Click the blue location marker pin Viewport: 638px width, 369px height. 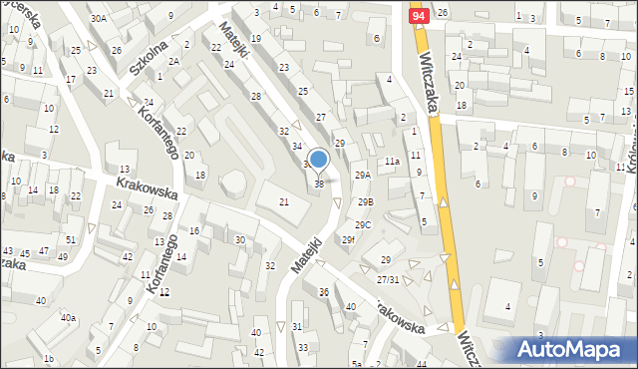click(319, 160)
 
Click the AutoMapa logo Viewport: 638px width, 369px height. click(573, 349)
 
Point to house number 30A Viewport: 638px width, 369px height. click(98, 18)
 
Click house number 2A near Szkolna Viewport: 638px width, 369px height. click(173, 61)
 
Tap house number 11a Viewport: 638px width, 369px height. click(392, 161)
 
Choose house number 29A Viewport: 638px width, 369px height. click(363, 175)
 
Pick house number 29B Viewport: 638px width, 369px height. click(366, 202)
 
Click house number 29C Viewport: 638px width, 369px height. click(363, 224)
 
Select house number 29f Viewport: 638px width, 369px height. click(348, 239)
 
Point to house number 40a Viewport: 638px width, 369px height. click(68, 317)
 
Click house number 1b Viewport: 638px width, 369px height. click(48, 358)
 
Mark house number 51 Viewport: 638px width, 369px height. click(71, 239)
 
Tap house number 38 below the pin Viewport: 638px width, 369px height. click(319, 184)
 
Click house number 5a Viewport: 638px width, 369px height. click(355, 364)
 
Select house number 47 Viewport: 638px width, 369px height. click(43, 251)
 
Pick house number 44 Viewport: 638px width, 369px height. click(422, 364)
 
